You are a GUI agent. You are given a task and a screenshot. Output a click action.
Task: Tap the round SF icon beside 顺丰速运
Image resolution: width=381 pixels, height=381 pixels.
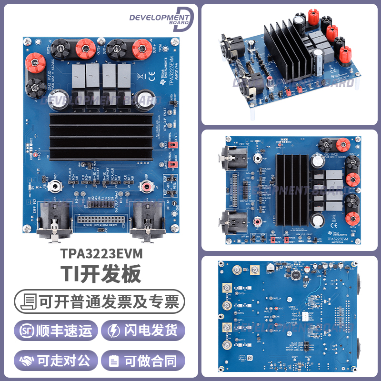28,331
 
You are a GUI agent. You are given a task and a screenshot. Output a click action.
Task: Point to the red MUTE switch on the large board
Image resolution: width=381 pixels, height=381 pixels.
173,164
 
